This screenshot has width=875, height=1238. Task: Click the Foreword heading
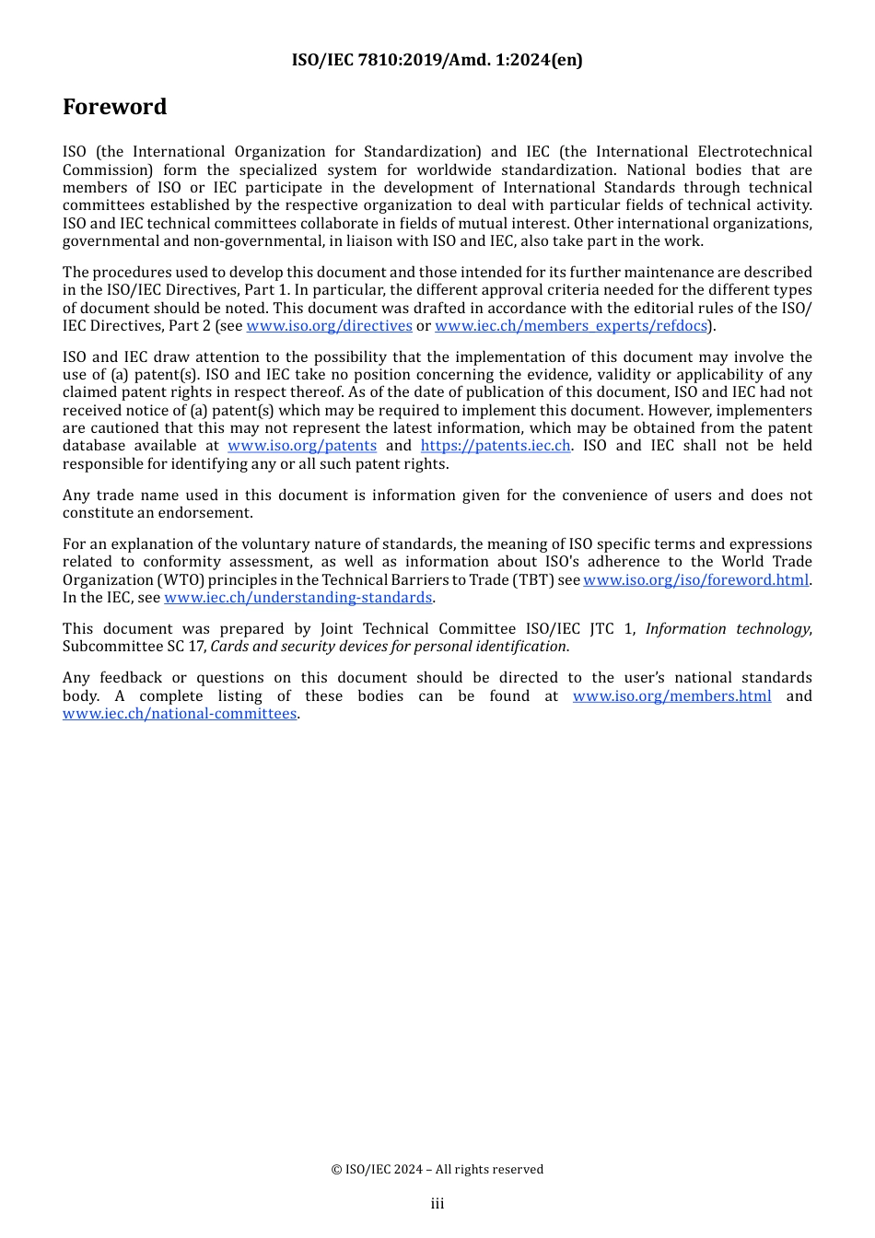pyautogui.click(x=114, y=107)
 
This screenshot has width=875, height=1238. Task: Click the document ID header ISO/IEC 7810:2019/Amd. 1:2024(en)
pyautogui.click(x=437, y=60)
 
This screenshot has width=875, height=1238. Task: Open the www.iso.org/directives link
pyautogui.click(x=329, y=326)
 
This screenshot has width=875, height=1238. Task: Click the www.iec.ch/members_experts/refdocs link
pyautogui.click(x=571, y=326)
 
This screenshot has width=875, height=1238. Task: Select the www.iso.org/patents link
pyautogui.click(x=302, y=446)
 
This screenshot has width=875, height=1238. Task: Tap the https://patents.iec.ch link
pyautogui.click(x=496, y=446)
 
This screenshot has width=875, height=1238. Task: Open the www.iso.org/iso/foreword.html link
pyautogui.click(x=695, y=580)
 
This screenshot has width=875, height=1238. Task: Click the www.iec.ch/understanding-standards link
pyautogui.click(x=297, y=598)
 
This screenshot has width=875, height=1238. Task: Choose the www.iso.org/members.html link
pyautogui.click(x=671, y=696)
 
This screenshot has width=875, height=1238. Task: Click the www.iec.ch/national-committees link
pyautogui.click(x=180, y=714)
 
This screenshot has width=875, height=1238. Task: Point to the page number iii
pyautogui.click(x=437, y=1204)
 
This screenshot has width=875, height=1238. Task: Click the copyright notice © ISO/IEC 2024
pyautogui.click(x=437, y=1170)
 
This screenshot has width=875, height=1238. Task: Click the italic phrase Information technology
pyautogui.click(x=728, y=629)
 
